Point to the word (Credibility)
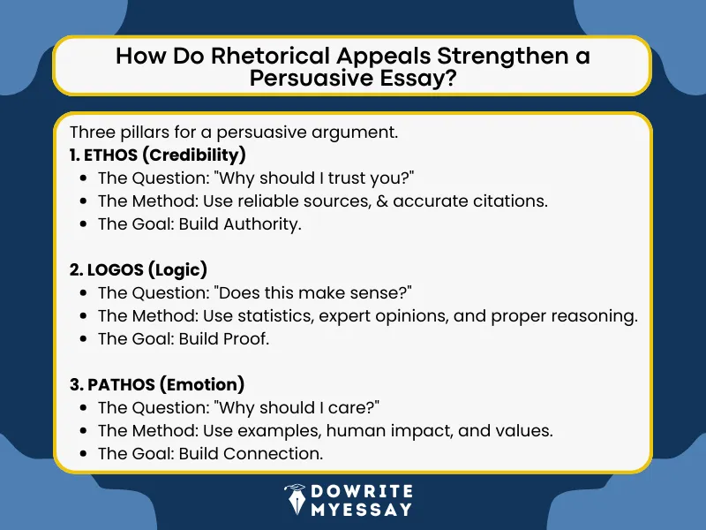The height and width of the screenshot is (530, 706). click(x=196, y=155)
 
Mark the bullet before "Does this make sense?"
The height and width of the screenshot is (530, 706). click(x=82, y=293)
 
